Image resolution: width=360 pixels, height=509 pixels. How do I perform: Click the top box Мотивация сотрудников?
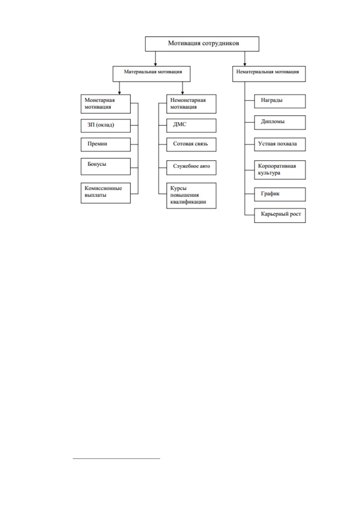point(202,44)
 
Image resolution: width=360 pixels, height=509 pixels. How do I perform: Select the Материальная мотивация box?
point(152,74)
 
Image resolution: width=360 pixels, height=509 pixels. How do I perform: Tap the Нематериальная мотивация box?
point(269,74)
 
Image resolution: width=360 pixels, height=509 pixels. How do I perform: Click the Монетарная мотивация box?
point(106,104)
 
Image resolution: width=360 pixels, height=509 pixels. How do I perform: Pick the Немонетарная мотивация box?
point(191,104)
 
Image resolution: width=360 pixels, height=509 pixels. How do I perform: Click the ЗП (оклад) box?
point(106,126)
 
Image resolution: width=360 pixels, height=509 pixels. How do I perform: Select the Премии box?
point(106,144)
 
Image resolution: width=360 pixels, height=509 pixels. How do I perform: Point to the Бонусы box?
point(106,167)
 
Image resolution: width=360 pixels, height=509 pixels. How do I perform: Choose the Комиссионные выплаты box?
point(106,193)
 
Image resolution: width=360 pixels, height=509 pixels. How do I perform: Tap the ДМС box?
point(191,125)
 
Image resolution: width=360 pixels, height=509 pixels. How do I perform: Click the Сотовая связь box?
point(191,144)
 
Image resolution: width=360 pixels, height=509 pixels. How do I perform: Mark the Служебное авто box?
point(191,168)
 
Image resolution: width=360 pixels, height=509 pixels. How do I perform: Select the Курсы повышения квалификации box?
point(191,196)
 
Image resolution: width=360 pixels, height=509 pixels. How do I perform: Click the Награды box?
point(280,101)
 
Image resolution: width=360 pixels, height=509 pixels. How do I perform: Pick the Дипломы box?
point(280,123)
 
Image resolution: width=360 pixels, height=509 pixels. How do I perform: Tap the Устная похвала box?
point(280,144)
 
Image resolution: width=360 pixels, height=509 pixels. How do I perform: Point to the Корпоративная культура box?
point(280,170)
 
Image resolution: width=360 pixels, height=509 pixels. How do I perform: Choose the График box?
point(280,195)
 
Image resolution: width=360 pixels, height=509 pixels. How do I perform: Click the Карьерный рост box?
point(280,216)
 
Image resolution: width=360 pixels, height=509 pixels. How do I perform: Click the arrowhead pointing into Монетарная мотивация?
point(119,93)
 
